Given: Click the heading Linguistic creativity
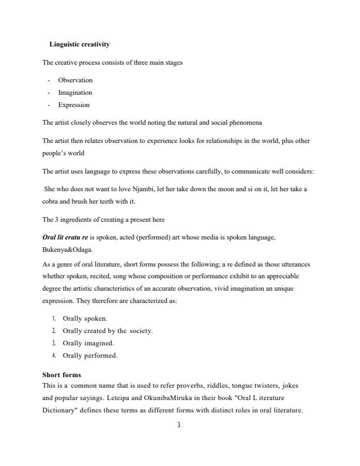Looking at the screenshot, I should pyautogui.click(x=79, y=45).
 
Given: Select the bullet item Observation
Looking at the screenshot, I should pyautogui.click(x=75, y=80).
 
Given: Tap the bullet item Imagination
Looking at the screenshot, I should pyautogui.click(x=75, y=92).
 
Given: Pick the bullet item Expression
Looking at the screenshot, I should pyautogui.click(x=74, y=105).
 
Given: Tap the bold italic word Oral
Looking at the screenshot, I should pyautogui.click(x=49, y=237).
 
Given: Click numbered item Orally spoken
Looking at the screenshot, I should pyautogui.click(x=85, y=318).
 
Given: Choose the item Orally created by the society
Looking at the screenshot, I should pyautogui.click(x=108, y=331).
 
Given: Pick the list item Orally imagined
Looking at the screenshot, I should pyautogui.click(x=88, y=343).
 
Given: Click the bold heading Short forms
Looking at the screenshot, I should pyautogui.click(x=62, y=375).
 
